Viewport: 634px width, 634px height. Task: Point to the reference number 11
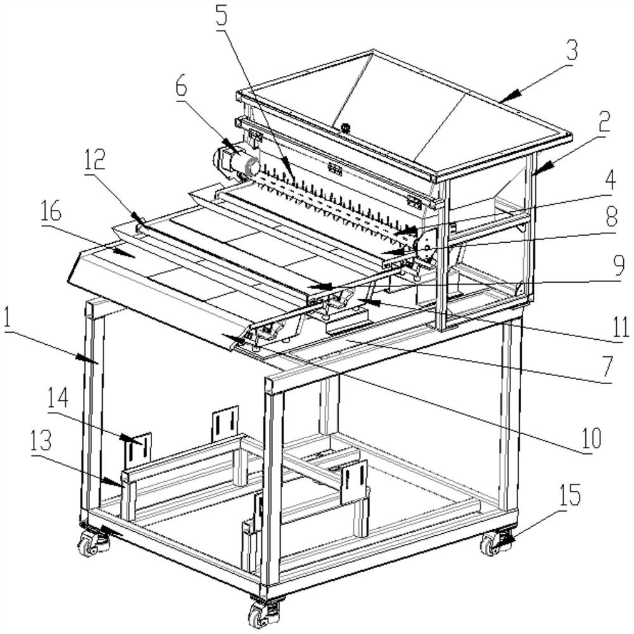point(623,327)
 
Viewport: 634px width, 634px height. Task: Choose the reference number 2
point(602,122)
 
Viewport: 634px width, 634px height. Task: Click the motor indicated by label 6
point(238,164)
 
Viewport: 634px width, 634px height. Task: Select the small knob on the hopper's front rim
point(346,127)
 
